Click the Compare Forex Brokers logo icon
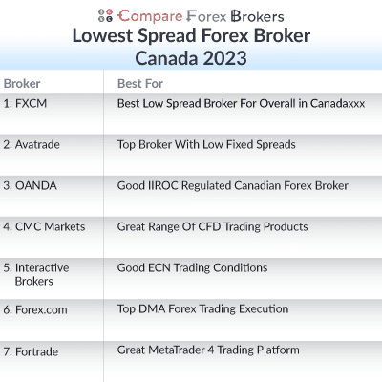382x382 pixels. [105, 15]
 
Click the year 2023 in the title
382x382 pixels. [223, 57]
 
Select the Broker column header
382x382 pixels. [22, 83]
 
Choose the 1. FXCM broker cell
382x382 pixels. [27, 103]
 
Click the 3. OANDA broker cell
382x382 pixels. [32, 185]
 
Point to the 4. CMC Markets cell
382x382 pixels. [44, 226]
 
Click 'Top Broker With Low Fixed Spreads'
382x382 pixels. [206, 144]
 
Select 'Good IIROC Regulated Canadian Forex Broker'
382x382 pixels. [232, 185]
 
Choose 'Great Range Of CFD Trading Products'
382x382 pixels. [212, 226]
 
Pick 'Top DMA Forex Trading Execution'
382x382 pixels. [202, 309]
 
